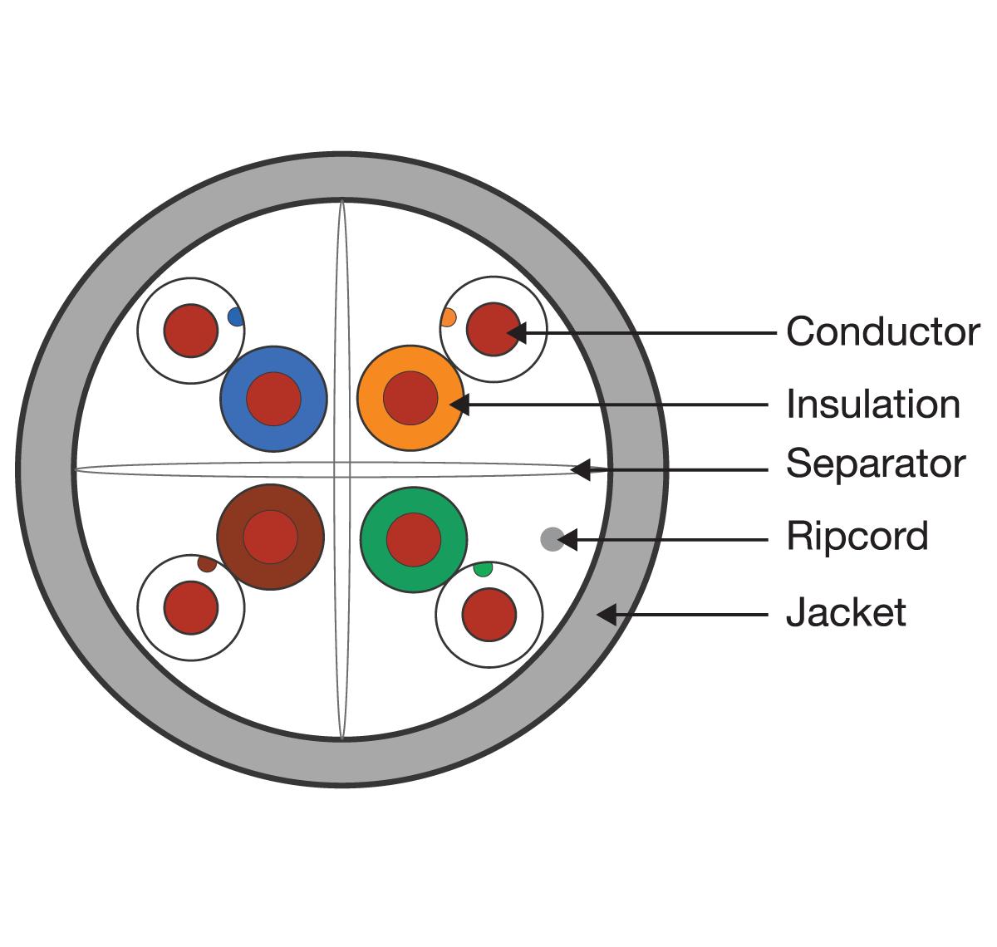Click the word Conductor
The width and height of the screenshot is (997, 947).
[x=882, y=331]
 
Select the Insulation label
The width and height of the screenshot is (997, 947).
[x=872, y=405]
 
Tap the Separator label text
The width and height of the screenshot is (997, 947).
[x=876, y=464]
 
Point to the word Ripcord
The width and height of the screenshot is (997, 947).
[x=857, y=537]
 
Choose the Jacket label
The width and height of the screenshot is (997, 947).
[x=845, y=613]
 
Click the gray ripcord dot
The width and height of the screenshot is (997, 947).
[x=552, y=539]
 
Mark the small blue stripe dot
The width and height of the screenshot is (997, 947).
[x=235, y=316]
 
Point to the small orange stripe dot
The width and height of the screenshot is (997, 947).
[x=449, y=317]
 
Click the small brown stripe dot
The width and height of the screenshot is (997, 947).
[x=207, y=564]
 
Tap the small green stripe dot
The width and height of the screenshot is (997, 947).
[x=483, y=569]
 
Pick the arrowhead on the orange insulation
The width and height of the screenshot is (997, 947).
[x=459, y=405]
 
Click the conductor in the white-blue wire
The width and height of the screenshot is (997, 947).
[x=190, y=331]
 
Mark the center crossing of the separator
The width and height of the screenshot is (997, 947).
[x=341, y=470]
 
